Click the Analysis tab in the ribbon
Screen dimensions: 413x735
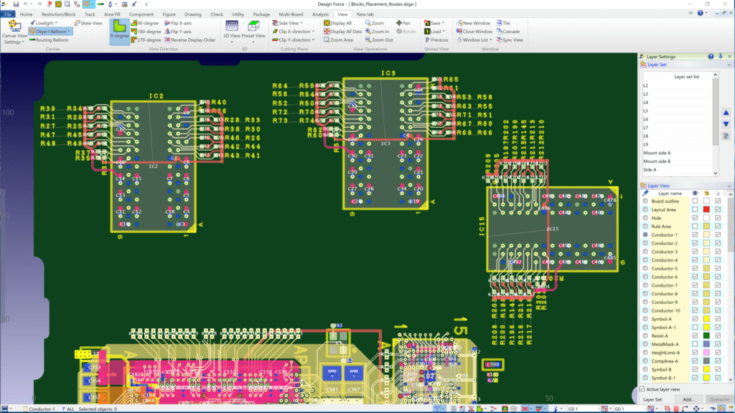321,14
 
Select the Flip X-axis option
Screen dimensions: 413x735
177,23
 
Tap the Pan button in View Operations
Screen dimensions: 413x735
403,23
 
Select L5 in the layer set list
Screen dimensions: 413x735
646,111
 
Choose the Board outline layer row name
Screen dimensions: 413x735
665,201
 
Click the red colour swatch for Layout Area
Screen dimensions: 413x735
706,209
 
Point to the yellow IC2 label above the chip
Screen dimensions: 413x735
156,96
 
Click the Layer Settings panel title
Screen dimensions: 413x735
661,56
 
